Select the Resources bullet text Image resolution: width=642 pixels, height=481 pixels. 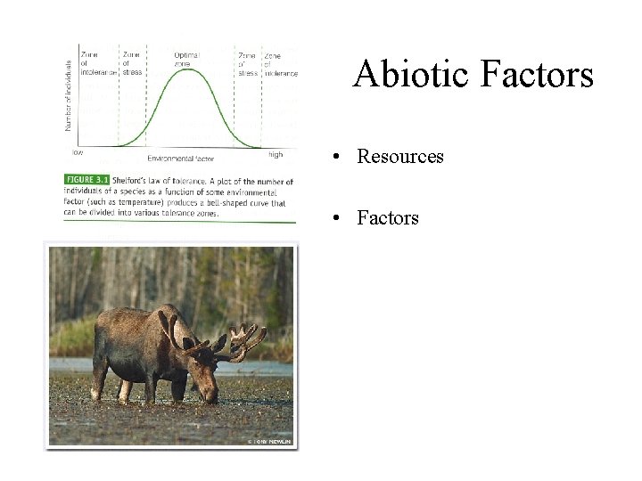[400, 157]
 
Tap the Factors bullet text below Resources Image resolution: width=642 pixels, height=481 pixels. [388, 217]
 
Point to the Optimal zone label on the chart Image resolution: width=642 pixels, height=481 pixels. [186, 59]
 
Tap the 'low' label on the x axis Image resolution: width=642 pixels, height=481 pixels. [78, 152]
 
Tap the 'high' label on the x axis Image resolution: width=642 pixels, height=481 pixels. [276, 154]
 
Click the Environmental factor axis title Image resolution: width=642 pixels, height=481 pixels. [181, 158]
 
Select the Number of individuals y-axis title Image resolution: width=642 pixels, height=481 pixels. [69, 95]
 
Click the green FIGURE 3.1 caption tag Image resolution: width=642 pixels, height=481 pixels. [88, 180]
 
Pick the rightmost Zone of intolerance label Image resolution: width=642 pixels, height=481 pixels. [280, 65]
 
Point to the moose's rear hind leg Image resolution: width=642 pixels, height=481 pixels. [99, 379]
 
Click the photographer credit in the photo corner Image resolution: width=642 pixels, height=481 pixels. [270, 440]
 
